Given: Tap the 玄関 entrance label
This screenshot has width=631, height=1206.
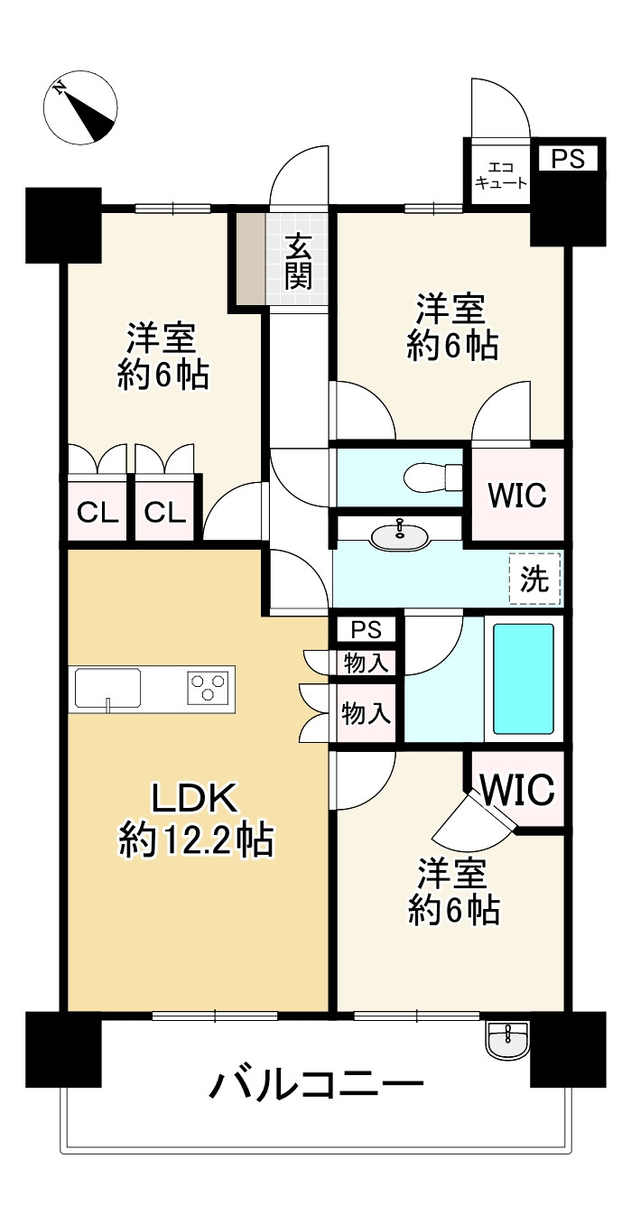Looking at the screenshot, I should (298, 261).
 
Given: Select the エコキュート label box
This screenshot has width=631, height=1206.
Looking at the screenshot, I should (496, 174).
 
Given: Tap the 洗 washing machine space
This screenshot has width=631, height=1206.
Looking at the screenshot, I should (535, 579).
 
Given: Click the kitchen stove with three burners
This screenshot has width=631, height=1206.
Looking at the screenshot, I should (209, 689).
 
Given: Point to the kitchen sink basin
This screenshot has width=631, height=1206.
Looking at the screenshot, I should (107, 690).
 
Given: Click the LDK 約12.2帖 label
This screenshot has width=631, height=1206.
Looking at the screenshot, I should (195, 818).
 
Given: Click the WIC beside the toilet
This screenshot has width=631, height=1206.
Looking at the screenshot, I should (517, 495).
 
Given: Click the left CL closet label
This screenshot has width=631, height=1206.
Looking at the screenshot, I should (97, 513).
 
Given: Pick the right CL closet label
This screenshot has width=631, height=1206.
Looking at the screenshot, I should (165, 513).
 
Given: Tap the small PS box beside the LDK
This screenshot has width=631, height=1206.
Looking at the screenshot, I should (366, 628).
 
